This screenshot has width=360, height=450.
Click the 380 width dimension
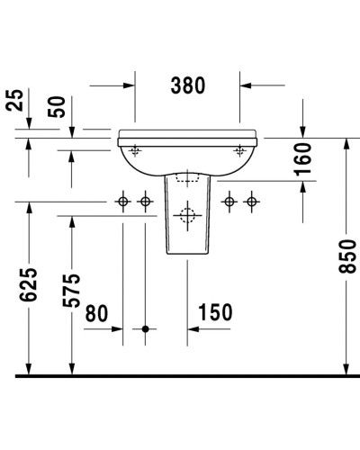click(187, 85)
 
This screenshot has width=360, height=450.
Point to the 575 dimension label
click(72, 289)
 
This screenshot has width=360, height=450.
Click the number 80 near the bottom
click(96, 312)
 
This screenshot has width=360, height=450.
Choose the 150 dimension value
click(215, 312)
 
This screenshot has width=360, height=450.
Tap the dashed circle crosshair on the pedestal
click(186, 216)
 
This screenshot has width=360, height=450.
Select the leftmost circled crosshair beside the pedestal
click(123, 202)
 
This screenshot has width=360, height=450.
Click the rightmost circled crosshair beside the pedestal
click(251, 202)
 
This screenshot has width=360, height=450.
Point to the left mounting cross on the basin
click(135, 148)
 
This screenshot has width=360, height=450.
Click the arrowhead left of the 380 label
click(129, 86)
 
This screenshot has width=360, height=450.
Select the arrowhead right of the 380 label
click(246, 86)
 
